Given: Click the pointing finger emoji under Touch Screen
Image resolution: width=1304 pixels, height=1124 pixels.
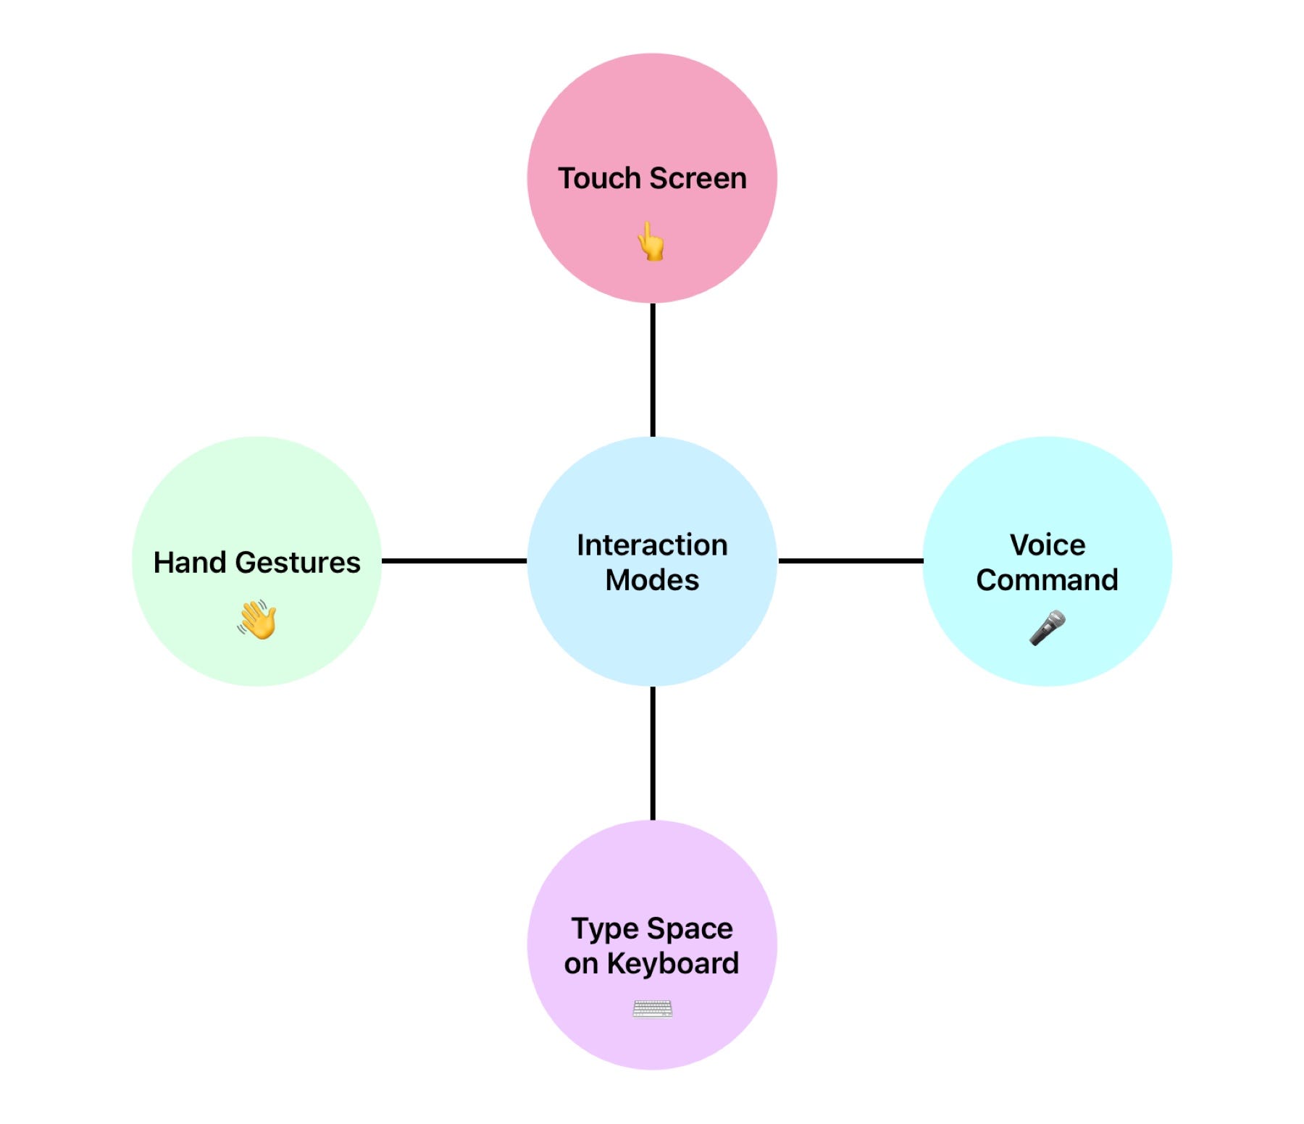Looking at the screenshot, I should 651,241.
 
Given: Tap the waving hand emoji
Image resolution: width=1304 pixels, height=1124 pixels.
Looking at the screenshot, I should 257,620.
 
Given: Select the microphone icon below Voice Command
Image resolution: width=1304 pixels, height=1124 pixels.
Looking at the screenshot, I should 1048,627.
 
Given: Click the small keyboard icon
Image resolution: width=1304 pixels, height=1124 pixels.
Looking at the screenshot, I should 652,1008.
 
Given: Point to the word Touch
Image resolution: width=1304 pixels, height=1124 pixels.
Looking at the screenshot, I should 599,178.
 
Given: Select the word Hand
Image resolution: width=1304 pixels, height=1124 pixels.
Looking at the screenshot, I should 190,563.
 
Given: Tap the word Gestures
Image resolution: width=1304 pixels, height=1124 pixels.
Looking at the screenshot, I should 298,563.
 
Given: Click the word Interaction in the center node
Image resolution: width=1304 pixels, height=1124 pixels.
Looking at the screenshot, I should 652,545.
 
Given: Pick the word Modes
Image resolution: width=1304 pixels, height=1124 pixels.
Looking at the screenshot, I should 652,580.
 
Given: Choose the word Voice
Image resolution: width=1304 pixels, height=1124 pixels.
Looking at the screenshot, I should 1048,545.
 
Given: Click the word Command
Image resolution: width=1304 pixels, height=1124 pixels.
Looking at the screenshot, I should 1048,580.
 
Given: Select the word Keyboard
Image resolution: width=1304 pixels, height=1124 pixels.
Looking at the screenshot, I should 673,964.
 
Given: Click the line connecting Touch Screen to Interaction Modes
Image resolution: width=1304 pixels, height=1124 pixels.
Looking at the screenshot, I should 653,369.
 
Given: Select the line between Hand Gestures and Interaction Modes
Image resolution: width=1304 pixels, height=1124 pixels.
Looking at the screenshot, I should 454,561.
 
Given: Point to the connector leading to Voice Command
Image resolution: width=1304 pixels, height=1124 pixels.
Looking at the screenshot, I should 850,561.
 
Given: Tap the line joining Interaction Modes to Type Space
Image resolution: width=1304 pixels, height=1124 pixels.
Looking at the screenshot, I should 653,753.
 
